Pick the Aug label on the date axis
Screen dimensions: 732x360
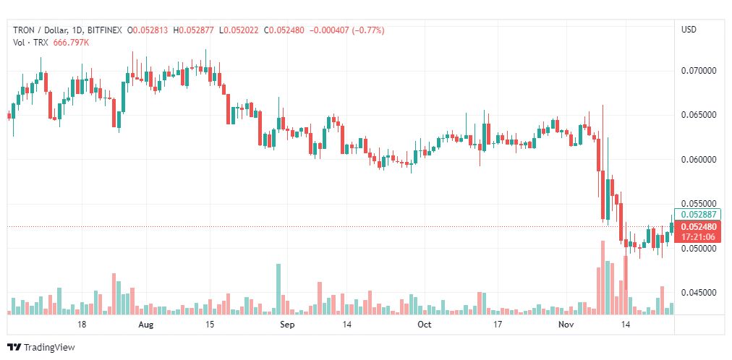pyautogui.click(x=146, y=325)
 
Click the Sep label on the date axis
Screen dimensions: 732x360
pyautogui.click(x=287, y=325)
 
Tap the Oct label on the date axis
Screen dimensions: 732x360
pyautogui.click(x=425, y=325)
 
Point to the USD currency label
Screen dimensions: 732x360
pyautogui.click(x=689, y=30)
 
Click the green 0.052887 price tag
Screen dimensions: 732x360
pyautogui.click(x=697, y=215)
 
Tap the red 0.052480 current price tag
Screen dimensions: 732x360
pyautogui.click(x=697, y=227)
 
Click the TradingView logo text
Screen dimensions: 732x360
pyautogui.click(x=49, y=348)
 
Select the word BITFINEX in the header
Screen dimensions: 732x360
pyautogui.click(x=105, y=30)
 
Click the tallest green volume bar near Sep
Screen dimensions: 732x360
pyautogui.click(x=278, y=289)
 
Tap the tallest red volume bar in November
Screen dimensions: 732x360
pyautogui.click(x=603, y=278)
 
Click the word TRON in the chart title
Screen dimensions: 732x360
pyautogui.click(x=22, y=30)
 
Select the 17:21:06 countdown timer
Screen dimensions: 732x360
pyautogui.click(x=697, y=237)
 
